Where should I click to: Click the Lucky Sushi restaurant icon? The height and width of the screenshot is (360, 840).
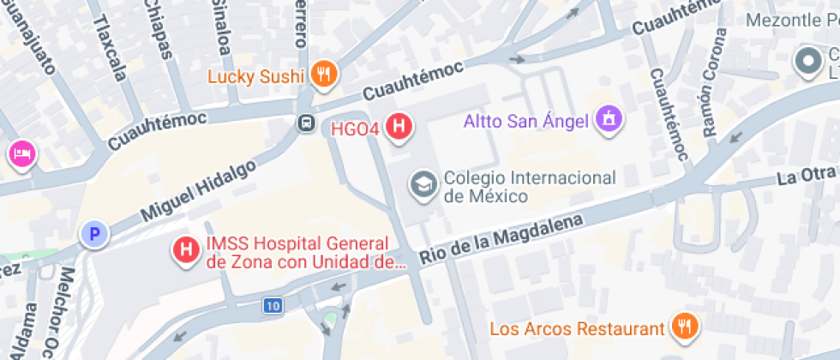tap(323, 75)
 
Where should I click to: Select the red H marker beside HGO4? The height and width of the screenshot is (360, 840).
tap(398, 127)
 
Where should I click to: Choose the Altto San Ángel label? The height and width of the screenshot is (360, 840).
tap(526, 120)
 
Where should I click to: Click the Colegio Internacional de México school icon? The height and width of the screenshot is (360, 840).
tap(422, 184)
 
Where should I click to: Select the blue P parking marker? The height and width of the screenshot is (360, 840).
tap(93, 233)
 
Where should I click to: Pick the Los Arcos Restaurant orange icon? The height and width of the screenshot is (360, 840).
tap(684, 326)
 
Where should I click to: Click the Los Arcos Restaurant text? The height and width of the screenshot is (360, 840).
tap(577, 328)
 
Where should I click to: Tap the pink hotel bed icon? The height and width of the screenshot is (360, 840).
tap(21, 154)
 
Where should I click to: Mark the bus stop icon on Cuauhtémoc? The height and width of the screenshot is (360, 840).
tap(305, 123)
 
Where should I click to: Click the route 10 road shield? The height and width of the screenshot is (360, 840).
tap(273, 305)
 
